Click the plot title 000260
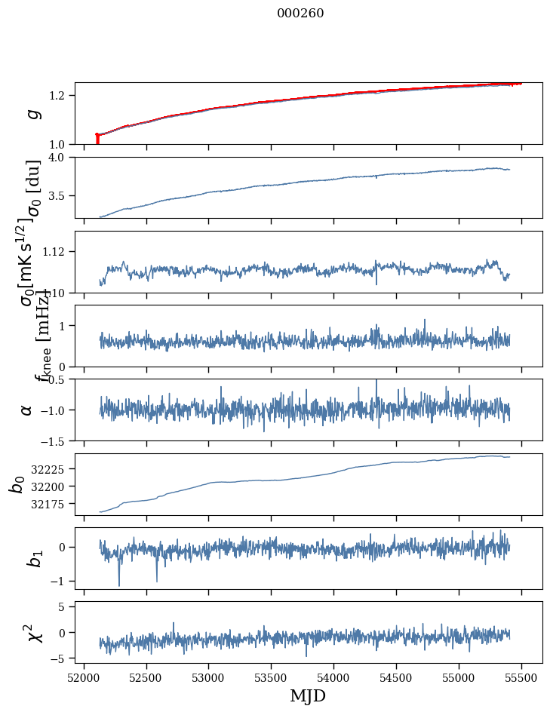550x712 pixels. [x=300, y=14]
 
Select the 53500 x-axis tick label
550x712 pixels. [x=271, y=677]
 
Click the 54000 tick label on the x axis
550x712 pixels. [x=333, y=677]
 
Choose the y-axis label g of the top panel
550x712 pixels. [x=32, y=114]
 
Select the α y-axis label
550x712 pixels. [x=27, y=410]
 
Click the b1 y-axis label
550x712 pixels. [x=32, y=558]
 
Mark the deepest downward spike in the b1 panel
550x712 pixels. [x=118, y=584]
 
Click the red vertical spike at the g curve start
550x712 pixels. [x=97, y=140]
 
